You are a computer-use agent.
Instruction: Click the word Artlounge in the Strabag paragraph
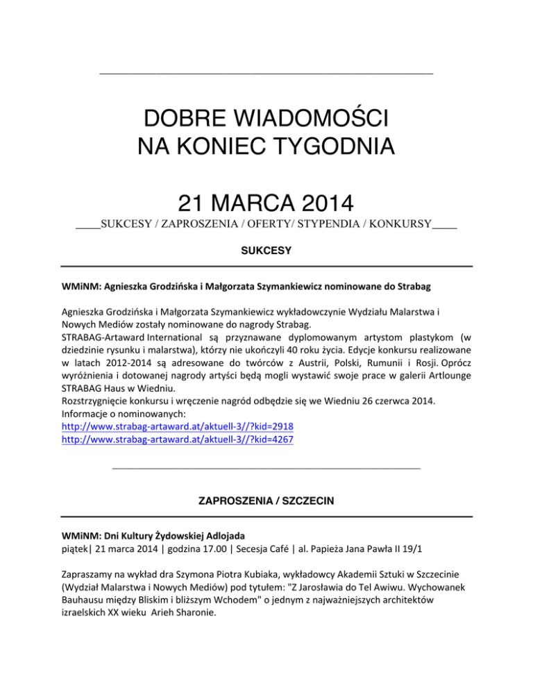pos(446,378)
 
